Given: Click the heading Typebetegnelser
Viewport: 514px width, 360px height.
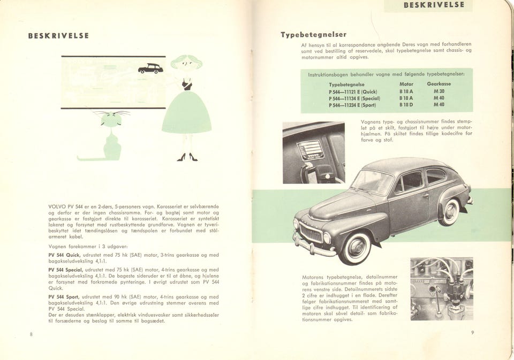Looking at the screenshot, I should click(x=314, y=35).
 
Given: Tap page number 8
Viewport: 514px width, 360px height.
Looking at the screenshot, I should click(x=32, y=334).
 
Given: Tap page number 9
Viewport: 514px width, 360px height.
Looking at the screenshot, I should click(x=473, y=333).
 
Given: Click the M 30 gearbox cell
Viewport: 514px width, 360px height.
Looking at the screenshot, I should click(x=439, y=91).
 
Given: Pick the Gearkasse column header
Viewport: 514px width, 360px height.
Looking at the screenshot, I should click(x=439, y=85).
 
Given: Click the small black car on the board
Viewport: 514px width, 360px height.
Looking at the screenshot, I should click(x=150, y=68).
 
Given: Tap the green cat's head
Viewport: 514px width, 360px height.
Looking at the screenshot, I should click(x=112, y=120).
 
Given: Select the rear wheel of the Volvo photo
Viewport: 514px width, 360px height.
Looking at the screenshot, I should click(x=450, y=212).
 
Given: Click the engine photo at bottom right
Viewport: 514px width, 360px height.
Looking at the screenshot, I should click(x=441, y=289).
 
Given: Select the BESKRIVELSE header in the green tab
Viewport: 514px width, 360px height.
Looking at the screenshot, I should click(x=437, y=5).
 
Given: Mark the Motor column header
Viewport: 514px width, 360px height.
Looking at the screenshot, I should click(x=406, y=85).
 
